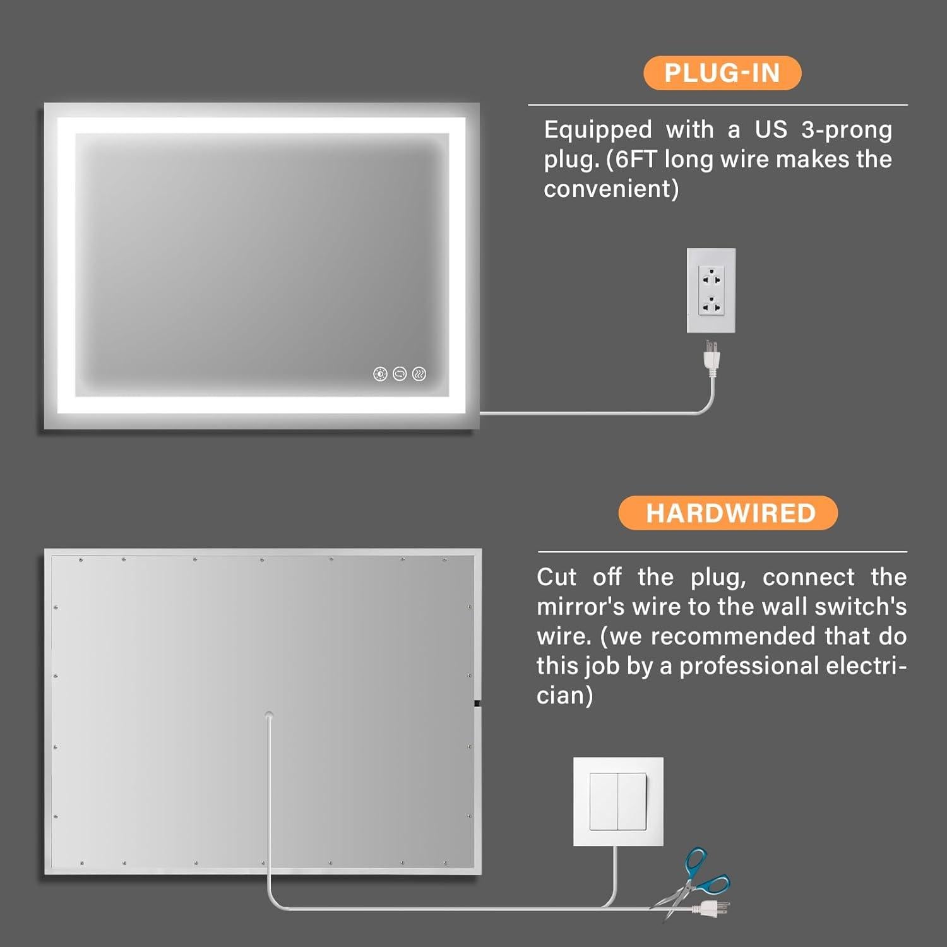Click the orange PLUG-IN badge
[x=722, y=73]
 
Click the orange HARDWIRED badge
[x=728, y=513]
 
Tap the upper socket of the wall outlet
[x=712, y=277]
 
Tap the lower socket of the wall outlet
[x=712, y=306]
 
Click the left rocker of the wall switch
[x=604, y=802]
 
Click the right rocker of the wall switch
[x=632, y=802]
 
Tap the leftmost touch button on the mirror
[x=380, y=374]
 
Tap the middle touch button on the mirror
[x=400, y=374]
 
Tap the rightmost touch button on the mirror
[x=419, y=374]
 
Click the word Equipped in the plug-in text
[x=598, y=130]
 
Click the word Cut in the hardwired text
[x=556, y=577]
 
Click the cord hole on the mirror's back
[x=269, y=715]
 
